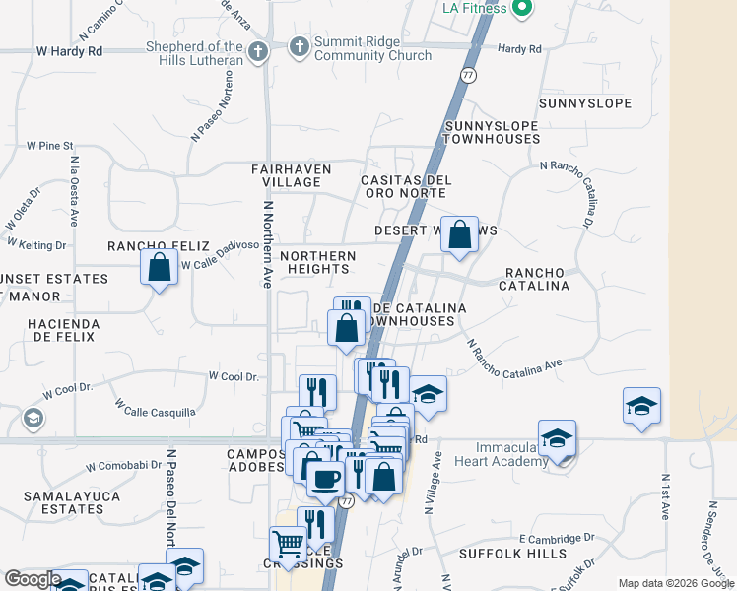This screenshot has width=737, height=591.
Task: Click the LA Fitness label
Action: tap(474, 9)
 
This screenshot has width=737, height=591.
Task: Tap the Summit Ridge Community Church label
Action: tap(372, 48)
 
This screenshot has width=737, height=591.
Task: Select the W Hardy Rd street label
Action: tap(69, 49)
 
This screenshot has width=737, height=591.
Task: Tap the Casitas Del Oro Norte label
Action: tap(406, 186)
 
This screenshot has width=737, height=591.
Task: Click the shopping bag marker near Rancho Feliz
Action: tap(159, 267)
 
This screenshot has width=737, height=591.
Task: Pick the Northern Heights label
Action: tap(316, 262)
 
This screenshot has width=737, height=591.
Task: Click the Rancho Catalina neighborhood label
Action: tap(537, 279)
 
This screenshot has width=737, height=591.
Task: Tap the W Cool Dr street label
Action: tap(233, 376)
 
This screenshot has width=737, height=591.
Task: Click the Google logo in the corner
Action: tap(33, 579)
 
